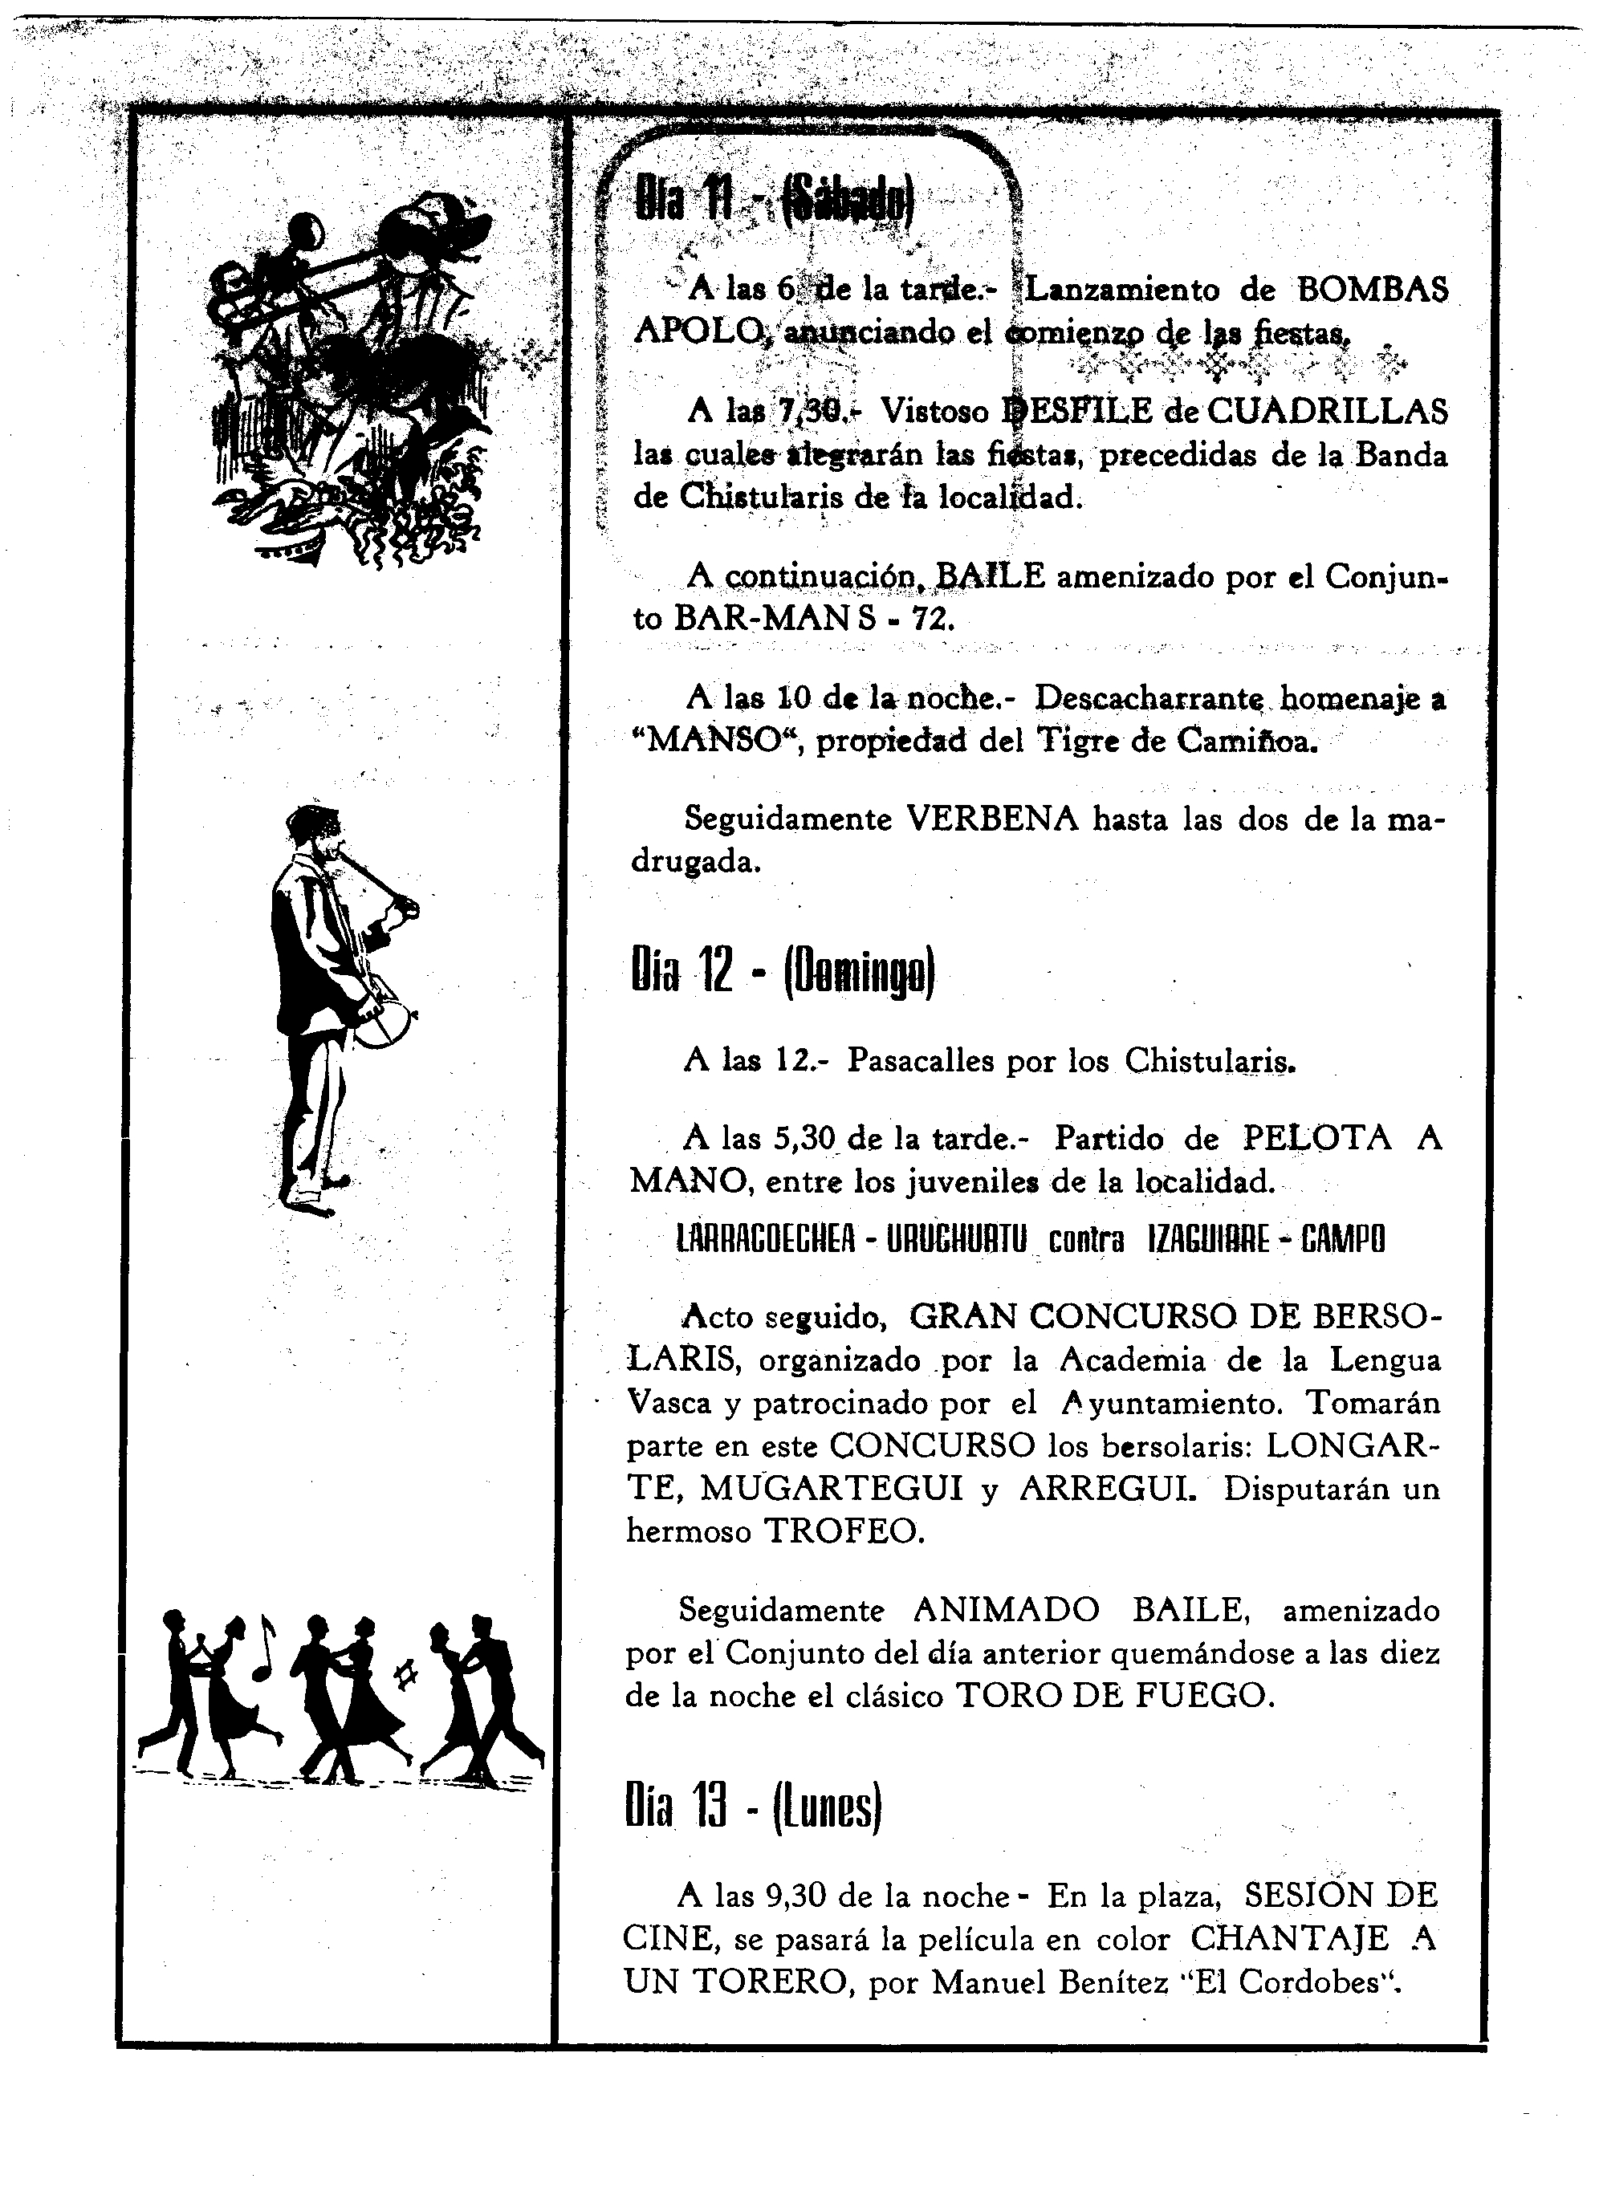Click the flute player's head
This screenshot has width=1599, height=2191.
[x=315, y=827]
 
